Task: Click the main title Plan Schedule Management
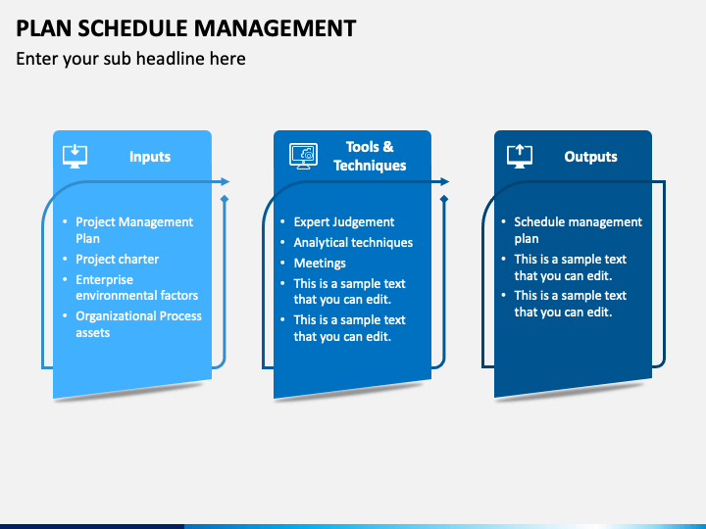[186, 28]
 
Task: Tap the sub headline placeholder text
[130, 59]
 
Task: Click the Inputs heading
[150, 157]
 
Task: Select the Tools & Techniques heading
[370, 156]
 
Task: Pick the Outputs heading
[590, 157]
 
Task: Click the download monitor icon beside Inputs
[76, 157]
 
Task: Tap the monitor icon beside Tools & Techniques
[303, 156]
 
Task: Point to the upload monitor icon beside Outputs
[520, 157]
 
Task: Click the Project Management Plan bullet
[134, 230]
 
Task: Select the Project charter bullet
[117, 259]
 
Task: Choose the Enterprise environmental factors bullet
[137, 287]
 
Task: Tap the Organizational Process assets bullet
[138, 324]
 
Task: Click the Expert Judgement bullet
[344, 221]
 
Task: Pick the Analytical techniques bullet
[353, 243]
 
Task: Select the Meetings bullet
[320, 264]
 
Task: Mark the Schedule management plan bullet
[579, 230]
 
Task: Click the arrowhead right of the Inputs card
[226, 182]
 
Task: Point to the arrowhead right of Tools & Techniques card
[445, 182]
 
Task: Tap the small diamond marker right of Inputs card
[225, 198]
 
